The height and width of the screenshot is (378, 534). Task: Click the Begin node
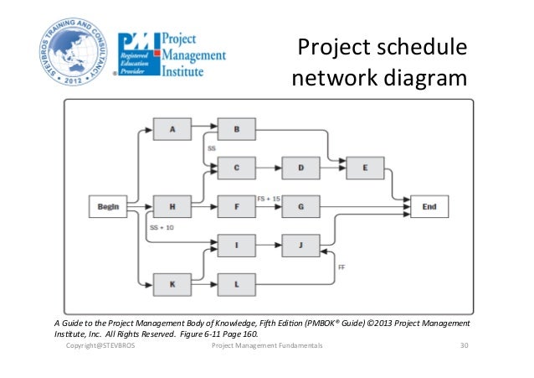click(107, 205)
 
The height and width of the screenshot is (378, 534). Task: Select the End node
click(429, 205)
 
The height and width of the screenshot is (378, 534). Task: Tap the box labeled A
click(172, 130)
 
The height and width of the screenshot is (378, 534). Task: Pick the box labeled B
click(237, 130)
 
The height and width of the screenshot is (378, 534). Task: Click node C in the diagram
click(237, 168)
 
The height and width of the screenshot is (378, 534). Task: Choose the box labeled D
click(301, 168)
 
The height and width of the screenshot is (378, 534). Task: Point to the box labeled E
click(365, 168)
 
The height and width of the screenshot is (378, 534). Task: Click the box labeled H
click(172, 205)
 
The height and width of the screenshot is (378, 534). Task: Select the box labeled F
click(237, 205)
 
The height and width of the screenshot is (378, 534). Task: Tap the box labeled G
click(301, 205)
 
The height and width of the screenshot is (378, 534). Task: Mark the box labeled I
click(237, 246)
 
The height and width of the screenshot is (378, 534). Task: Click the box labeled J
click(301, 246)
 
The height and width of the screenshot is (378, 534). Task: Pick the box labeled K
click(172, 285)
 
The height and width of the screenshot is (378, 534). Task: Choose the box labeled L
click(237, 285)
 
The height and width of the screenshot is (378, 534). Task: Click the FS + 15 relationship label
click(269, 199)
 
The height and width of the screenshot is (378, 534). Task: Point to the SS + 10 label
click(162, 227)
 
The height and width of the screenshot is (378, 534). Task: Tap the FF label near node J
click(341, 267)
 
